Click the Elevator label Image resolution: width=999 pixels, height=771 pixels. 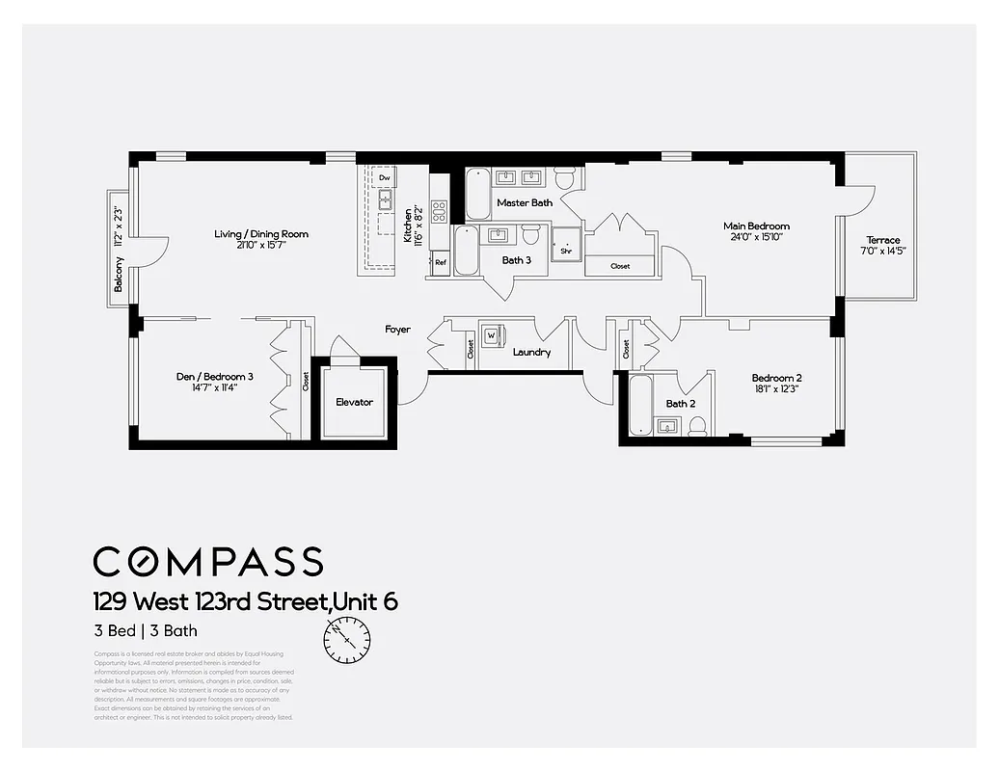tap(354, 402)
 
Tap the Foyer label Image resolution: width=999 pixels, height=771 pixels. tap(397, 330)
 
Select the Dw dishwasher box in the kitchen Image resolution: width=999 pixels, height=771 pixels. tap(384, 178)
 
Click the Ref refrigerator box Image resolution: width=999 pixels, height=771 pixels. tap(440, 262)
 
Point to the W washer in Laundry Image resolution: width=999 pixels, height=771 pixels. tap(493, 334)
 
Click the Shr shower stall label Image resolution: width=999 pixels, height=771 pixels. tap(566, 253)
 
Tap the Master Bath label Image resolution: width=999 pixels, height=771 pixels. tap(525, 203)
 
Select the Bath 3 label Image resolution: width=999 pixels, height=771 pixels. tap(516, 260)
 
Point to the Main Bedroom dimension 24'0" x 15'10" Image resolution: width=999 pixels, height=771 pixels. tap(756, 236)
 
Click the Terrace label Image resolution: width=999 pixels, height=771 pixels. tap(882, 240)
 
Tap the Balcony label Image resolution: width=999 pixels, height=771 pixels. tap(119, 276)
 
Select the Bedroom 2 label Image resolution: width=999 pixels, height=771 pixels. tap(777, 378)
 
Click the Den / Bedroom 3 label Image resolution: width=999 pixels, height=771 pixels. tap(197, 377)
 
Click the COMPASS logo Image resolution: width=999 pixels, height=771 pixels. tap(207, 561)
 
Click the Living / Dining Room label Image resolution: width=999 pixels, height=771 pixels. tap(261, 233)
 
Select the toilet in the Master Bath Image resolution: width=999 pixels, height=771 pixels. tap(565, 178)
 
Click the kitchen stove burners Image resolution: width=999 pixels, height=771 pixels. tap(439, 211)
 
